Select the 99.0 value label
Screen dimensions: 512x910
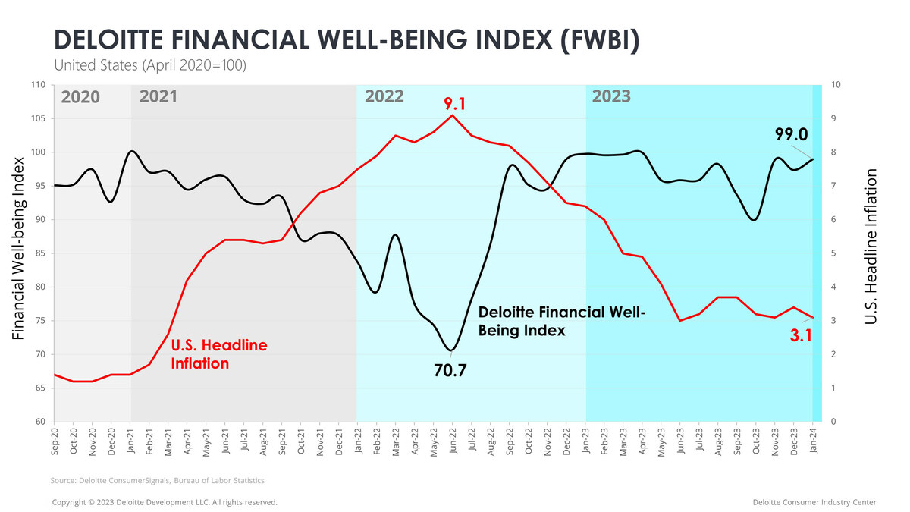(x=791, y=134)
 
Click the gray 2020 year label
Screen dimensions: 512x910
(x=80, y=97)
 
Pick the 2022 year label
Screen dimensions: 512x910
(x=384, y=97)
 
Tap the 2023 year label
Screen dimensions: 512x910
(x=611, y=97)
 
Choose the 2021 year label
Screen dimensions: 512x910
(x=158, y=97)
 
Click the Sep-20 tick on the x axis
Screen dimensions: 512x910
(x=55, y=444)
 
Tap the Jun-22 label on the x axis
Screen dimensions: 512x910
(x=453, y=444)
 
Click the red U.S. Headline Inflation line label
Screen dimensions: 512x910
(x=218, y=354)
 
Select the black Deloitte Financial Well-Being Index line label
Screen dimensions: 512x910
(x=560, y=322)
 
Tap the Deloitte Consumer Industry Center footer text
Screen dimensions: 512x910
(x=814, y=502)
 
